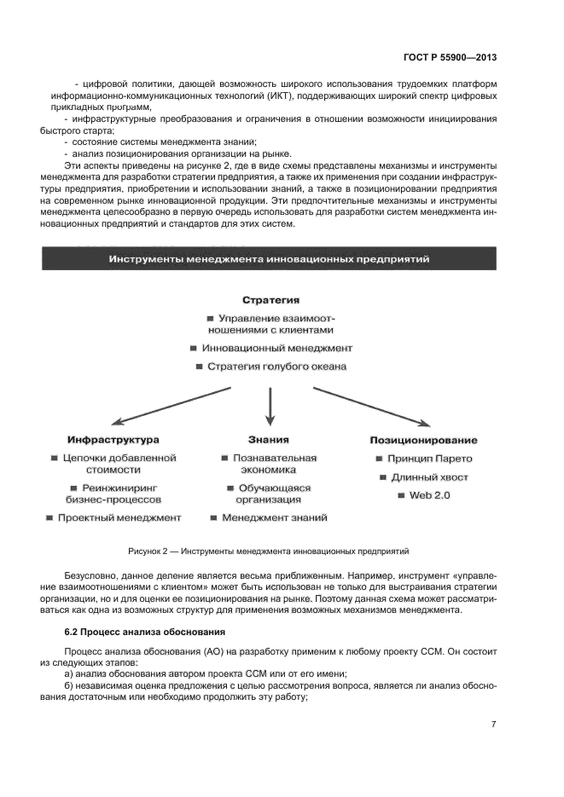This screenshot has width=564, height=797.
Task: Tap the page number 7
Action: (x=493, y=724)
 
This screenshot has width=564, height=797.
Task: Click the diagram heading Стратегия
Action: (x=270, y=300)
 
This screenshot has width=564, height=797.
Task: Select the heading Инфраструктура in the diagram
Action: (x=113, y=440)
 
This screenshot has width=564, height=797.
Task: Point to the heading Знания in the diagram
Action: (x=269, y=440)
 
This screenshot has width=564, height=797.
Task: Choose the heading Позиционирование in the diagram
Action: (x=423, y=440)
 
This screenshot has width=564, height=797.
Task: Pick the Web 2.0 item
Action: (x=423, y=495)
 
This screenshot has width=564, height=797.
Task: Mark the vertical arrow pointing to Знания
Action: (x=270, y=406)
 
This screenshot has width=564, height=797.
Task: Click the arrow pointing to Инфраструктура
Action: (x=171, y=405)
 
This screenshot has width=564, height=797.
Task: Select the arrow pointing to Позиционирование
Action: (x=369, y=405)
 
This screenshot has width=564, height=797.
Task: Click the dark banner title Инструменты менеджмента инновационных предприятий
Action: (x=270, y=258)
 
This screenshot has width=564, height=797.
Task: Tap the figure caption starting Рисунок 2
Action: (x=269, y=552)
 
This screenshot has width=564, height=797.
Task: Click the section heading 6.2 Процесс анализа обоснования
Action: (x=145, y=632)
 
